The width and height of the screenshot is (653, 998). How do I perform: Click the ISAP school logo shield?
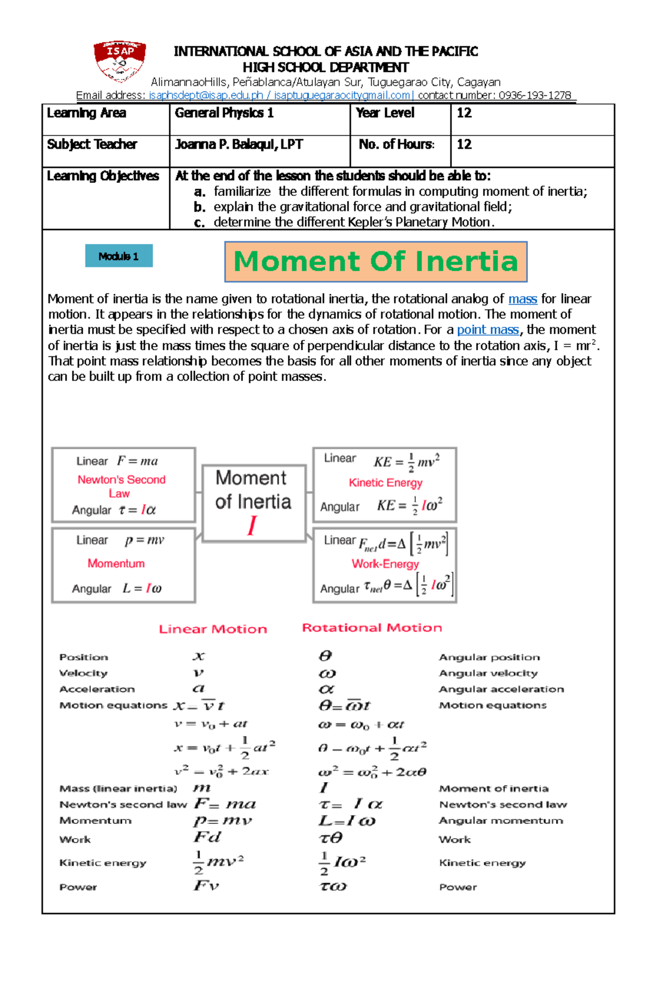coord(119,60)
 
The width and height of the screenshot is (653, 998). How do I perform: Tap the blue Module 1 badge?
coord(119,256)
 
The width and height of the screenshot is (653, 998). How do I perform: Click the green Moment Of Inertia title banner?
coord(375,262)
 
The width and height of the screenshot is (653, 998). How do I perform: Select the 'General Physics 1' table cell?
coord(224,113)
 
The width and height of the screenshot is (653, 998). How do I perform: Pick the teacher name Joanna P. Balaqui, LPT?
coord(238,145)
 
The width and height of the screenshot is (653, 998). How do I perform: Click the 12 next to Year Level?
coord(464,113)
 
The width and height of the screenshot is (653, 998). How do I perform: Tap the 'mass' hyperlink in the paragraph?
coord(522,299)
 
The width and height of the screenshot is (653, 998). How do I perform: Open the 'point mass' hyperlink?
coord(488,330)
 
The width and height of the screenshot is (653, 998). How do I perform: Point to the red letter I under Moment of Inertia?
coord(251,526)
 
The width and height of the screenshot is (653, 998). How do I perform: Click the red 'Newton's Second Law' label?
coord(121,486)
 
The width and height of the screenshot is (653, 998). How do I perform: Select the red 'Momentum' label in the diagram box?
coord(116,563)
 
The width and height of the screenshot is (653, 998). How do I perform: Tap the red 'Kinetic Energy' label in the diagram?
coord(385,482)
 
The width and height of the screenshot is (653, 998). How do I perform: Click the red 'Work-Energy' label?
coord(385,564)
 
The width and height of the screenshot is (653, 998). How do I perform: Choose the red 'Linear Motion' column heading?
coord(213,629)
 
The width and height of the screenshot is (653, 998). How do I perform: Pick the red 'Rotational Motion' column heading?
coord(372,628)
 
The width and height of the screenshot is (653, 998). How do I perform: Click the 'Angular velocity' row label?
coord(488,673)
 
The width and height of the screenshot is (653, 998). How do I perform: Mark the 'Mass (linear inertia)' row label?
coord(118,789)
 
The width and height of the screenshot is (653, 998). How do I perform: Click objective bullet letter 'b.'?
coord(199,207)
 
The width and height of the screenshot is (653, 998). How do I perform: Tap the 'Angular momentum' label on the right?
coord(501,821)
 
